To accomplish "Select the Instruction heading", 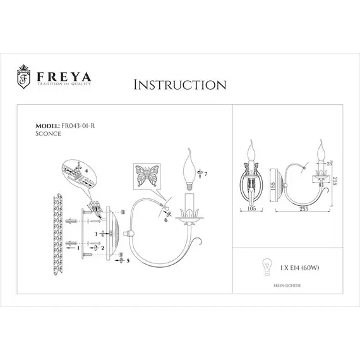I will coord(180,85).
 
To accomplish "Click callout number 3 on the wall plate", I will coord(96,234).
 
